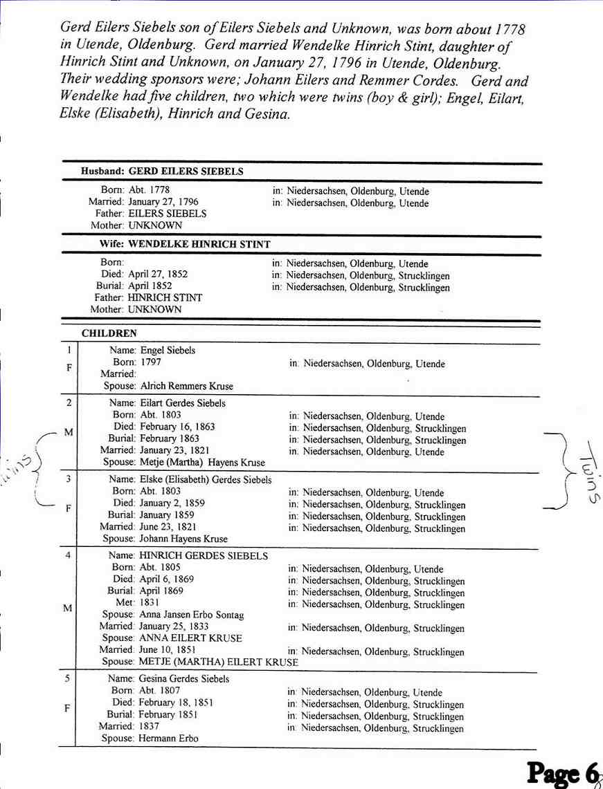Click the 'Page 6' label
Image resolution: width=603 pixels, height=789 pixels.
point(561,773)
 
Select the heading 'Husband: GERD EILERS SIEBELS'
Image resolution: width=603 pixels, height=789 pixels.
point(162,171)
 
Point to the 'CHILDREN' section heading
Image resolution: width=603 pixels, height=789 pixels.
point(109,333)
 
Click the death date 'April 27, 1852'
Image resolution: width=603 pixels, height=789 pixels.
point(158,274)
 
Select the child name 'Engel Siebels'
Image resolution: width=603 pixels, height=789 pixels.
point(168,351)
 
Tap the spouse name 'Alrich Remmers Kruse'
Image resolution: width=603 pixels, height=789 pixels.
point(186,386)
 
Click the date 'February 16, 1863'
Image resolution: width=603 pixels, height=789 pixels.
point(177,427)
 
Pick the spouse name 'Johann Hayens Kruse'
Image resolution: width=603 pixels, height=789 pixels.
point(183,539)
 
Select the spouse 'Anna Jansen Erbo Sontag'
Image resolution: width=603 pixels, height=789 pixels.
point(192,615)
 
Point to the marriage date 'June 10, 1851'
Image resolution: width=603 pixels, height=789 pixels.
point(168,650)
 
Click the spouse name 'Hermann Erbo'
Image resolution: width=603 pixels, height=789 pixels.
point(169,739)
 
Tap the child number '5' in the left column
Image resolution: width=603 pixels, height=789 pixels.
point(67,678)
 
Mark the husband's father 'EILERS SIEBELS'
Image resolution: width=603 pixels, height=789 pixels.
point(168,214)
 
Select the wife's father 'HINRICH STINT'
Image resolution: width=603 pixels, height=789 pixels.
point(165,297)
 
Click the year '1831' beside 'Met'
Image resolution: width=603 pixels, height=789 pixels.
point(150,602)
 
